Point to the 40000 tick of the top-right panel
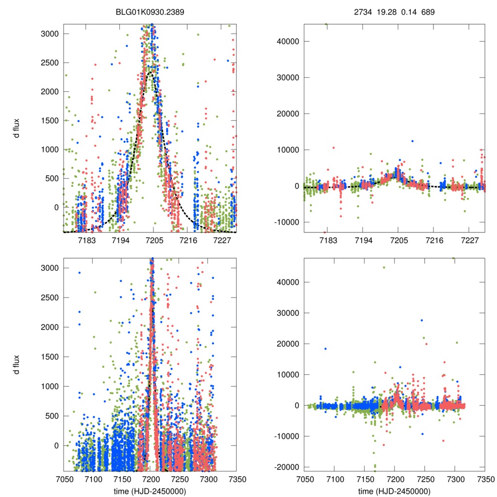[x=287, y=41]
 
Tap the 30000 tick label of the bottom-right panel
[x=287, y=313]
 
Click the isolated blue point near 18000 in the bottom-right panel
[x=326, y=349]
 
